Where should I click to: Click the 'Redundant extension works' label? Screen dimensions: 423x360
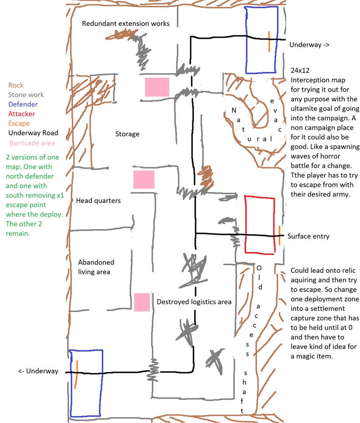126,24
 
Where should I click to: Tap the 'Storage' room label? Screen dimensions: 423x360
127,134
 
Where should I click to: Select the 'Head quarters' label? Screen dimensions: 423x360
98,201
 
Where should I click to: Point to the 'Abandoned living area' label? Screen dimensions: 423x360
96,267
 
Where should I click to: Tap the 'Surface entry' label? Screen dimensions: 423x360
308,236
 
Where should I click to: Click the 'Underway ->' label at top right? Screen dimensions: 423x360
309,45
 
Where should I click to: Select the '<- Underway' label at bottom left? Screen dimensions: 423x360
38,371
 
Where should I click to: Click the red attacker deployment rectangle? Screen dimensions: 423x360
260,225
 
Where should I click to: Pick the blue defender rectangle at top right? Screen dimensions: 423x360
261,40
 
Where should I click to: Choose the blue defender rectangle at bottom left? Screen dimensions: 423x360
86,383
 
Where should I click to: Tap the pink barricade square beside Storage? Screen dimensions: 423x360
157,87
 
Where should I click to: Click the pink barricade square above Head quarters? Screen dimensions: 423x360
144,179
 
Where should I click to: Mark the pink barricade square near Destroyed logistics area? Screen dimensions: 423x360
142,303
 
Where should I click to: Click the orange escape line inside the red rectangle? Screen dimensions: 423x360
279,235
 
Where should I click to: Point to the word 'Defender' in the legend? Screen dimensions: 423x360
23,104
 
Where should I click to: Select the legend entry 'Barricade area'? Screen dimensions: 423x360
32,143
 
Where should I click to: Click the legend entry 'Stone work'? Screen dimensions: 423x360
26,95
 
